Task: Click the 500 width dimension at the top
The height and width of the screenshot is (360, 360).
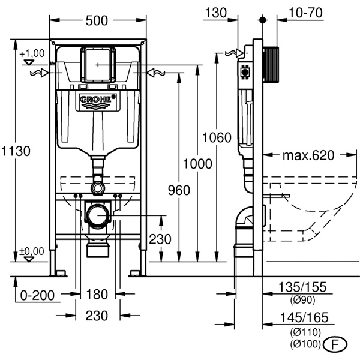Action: (x=97, y=21)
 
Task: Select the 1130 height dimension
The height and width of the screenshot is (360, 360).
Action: (x=15, y=151)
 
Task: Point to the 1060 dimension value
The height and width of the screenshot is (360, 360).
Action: (x=217, y=137)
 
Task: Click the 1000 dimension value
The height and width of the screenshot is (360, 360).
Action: (x=198, y=163)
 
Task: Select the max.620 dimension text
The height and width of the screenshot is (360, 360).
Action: (x=307, y=156)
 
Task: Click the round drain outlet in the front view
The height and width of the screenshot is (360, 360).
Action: (x=97, y=215)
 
